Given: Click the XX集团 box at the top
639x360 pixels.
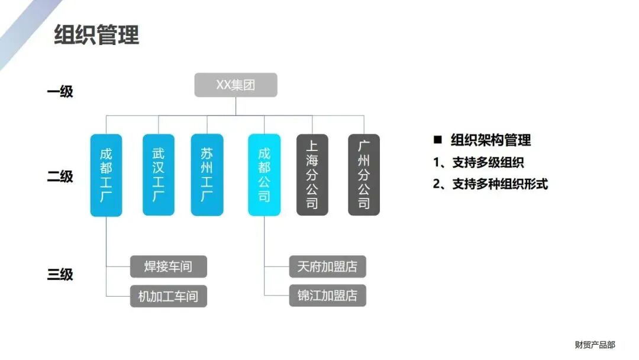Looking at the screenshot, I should (235, 85).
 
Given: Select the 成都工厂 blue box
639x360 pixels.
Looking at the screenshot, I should (106, 175).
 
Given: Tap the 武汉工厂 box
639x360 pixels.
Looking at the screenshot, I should (158, 175).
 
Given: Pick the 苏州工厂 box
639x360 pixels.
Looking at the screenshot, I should (206, 175).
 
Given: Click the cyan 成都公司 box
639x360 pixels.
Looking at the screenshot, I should (264, 175).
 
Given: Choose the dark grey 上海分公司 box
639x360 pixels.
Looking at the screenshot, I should (312, 175).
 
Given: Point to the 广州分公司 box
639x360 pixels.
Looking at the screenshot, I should (363, 175).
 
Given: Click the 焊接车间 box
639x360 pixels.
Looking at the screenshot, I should (169, 266).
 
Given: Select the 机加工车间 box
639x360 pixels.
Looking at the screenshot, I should (169, 296).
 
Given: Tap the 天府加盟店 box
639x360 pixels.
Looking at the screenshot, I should (327, 266).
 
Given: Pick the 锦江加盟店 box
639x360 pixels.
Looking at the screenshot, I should (327, 295).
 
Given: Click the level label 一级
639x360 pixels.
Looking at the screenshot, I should (60, 92).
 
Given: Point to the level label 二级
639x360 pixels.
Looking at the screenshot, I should (60, 176).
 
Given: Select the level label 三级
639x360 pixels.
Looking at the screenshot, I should (60, 275).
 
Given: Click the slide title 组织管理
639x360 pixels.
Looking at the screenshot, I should (96, 35).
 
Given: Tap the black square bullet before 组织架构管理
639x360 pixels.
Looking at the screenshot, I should (438, 140).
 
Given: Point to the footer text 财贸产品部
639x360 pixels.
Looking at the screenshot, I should (595, 345).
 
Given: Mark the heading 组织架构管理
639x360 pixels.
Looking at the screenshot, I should (490, 140).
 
